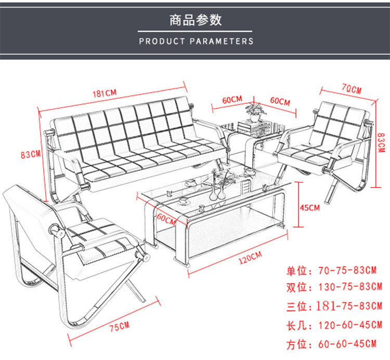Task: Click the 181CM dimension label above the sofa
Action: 105,93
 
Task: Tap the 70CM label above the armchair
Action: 352,89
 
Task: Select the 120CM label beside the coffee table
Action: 250,258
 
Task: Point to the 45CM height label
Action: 310,208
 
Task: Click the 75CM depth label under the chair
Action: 120,326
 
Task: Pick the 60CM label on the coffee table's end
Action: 166,219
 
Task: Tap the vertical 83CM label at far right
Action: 381,142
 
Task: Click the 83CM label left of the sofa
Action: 30,154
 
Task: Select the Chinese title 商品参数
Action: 196,20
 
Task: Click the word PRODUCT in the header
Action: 162,41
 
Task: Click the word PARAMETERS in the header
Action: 222,41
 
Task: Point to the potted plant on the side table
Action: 255,112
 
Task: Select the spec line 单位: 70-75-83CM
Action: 331,271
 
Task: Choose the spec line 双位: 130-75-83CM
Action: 334,287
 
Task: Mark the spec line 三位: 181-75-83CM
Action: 334,306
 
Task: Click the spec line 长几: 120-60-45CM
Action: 334,325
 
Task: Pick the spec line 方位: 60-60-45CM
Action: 331,344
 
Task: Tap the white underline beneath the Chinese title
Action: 195,32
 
